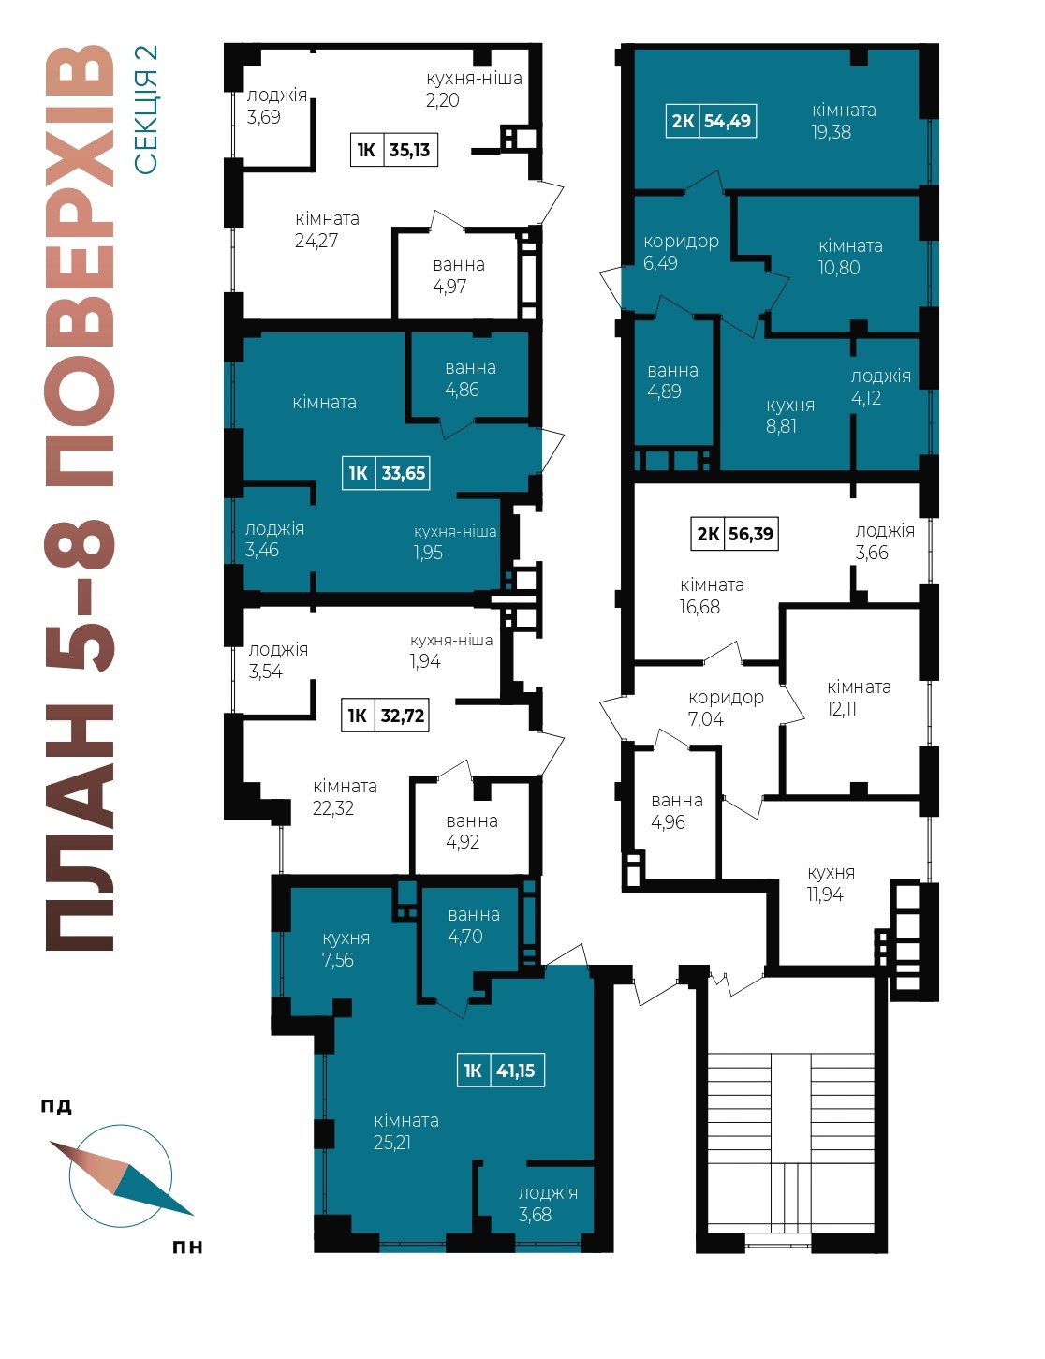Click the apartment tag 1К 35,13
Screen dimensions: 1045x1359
[x=394, y=150]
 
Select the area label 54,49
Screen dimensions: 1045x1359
[x=727, y=120]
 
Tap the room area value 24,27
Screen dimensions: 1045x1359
[x=316, y=241]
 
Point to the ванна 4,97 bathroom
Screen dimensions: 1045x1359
[x=458, y=275]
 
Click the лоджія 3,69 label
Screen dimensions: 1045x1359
[x=276, y=107]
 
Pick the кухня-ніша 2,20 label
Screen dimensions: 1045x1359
[x=474, y=89]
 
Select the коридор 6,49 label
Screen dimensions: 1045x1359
[x=681, y=252]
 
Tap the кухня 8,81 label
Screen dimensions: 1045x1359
[x=790, y=415]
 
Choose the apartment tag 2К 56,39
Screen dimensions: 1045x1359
[x=734, y=534]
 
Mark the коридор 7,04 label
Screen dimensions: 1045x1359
[x=726, y=708]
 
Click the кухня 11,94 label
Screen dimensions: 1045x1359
[x=831, y=883]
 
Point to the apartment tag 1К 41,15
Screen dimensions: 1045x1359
[x=501, y=1071]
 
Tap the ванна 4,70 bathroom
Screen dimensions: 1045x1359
[x=473, y=925]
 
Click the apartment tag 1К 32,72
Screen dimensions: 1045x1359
[x=385, y=715]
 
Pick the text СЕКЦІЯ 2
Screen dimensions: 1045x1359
[x=145, y=111]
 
